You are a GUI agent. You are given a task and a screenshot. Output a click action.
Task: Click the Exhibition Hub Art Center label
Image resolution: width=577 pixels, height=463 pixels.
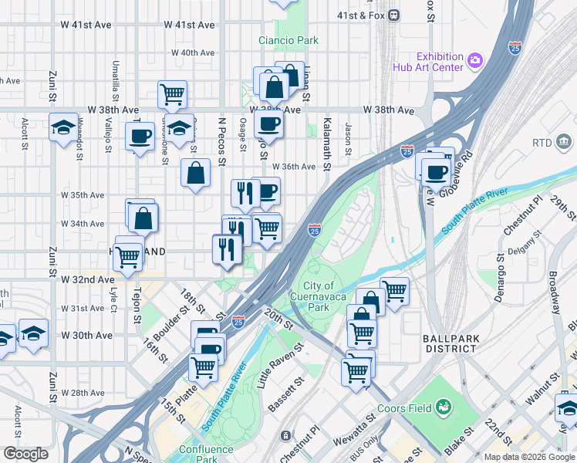[x=439, y=62]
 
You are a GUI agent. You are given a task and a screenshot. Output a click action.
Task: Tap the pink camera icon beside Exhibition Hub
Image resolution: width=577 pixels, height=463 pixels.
[x=476, y=59]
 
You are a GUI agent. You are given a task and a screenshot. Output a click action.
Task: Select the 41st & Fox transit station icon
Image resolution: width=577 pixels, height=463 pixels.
[x=394, y=14]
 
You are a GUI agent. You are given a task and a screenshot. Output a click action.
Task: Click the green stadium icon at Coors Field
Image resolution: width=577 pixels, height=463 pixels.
[x=444, y=406]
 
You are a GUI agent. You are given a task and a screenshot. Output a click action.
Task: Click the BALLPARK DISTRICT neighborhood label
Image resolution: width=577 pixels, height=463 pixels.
[x=450, y=343]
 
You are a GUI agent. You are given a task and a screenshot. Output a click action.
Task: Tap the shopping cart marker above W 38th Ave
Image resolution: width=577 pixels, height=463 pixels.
[x=172, y=95]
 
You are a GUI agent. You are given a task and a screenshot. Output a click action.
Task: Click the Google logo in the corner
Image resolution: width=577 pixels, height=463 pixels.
[x=25, y=454]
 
